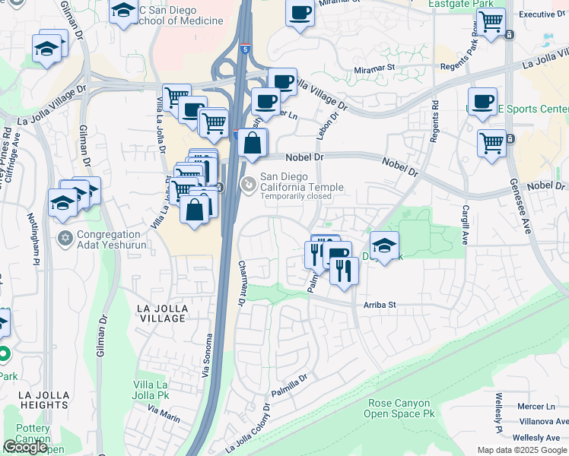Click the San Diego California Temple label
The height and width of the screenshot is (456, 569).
[x=302, y=182]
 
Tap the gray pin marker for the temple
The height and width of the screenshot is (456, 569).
[x=247, y=184]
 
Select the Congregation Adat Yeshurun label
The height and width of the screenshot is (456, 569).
[x=109, y=240]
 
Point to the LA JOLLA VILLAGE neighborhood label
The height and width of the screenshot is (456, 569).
[x=161, y=312]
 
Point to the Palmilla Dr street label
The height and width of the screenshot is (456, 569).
[x=290, y=388]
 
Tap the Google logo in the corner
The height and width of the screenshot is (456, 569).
[x=26, y=447]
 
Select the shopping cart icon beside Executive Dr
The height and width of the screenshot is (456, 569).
[x=492, y=21]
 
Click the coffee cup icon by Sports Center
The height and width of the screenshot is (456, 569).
[x=482, y=102]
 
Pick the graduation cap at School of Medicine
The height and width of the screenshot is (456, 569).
[x=122, y=11]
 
